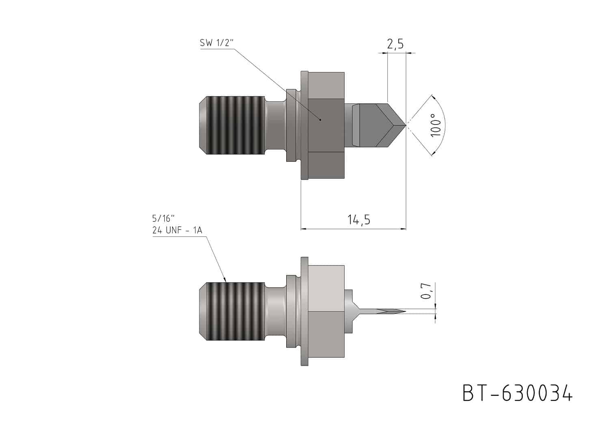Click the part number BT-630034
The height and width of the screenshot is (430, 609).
517,393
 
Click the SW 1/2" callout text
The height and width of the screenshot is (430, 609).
217,43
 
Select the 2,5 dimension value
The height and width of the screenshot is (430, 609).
395,44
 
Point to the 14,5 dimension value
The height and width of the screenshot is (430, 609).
359,219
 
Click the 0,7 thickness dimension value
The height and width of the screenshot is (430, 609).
426,291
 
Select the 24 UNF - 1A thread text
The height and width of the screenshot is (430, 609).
177,230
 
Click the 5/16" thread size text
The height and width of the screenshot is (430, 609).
163,218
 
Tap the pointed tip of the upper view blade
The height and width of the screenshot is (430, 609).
406,125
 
